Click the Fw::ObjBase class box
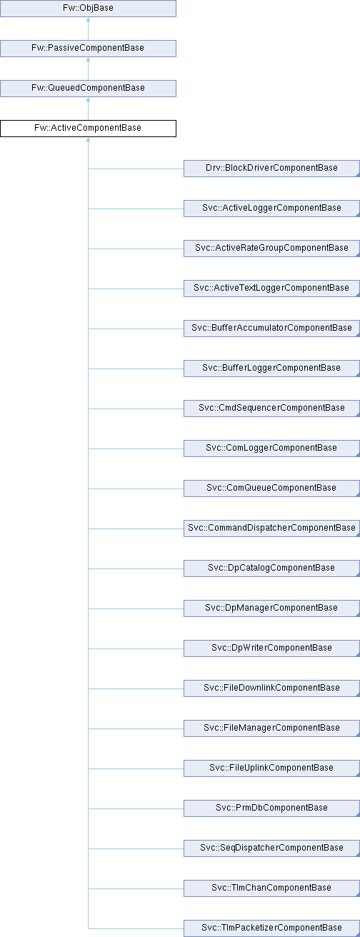[x=88, y=9]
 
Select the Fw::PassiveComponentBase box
[x=88, y=49]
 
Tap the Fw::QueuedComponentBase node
[x=88, y=89]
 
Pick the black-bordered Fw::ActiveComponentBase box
[x=88, y=129]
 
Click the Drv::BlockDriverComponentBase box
[x=271, y=169]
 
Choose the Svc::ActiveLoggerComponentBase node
[x=271, y=209]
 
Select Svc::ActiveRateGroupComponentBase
[x=271, y=249]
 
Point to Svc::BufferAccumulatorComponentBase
[x=271, y=329]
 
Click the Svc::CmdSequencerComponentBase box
[x=271, y=409]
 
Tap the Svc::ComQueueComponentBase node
[x=271, y=488]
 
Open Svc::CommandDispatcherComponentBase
[x=271, y=528]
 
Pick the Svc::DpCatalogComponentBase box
[x=271, y=568]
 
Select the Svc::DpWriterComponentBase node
[x=271, y=648]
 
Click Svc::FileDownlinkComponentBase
[x=271, y=688]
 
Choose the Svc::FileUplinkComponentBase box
[x=271, y=768]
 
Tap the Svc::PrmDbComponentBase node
[x=271, y=808]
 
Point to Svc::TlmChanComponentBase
[x=271, y=888]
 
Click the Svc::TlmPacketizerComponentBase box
[x=271, y=928]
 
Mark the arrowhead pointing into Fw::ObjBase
[x=88, y=19]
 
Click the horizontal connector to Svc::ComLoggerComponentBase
[x=136, y=449]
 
